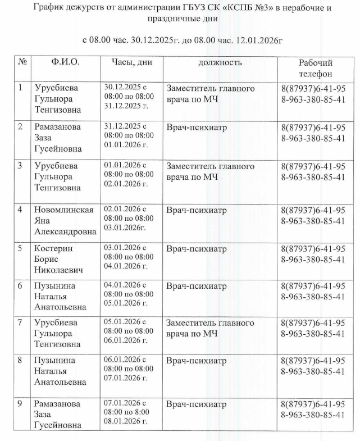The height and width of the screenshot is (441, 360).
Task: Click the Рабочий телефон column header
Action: [x=315, y=68]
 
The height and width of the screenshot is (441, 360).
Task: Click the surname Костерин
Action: [x=54, y=249]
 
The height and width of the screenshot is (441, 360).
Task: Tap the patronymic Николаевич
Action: [x=59, y=270]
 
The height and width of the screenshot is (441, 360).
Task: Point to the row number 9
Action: [x=21, y=404]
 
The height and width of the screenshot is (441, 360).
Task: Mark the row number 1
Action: [x=21, y=88]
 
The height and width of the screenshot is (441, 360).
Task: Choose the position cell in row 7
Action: [x=210, y=328]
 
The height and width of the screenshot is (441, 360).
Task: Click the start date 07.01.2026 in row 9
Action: [x=122, y=404]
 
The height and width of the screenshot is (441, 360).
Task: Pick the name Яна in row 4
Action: [x=43, y=221]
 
